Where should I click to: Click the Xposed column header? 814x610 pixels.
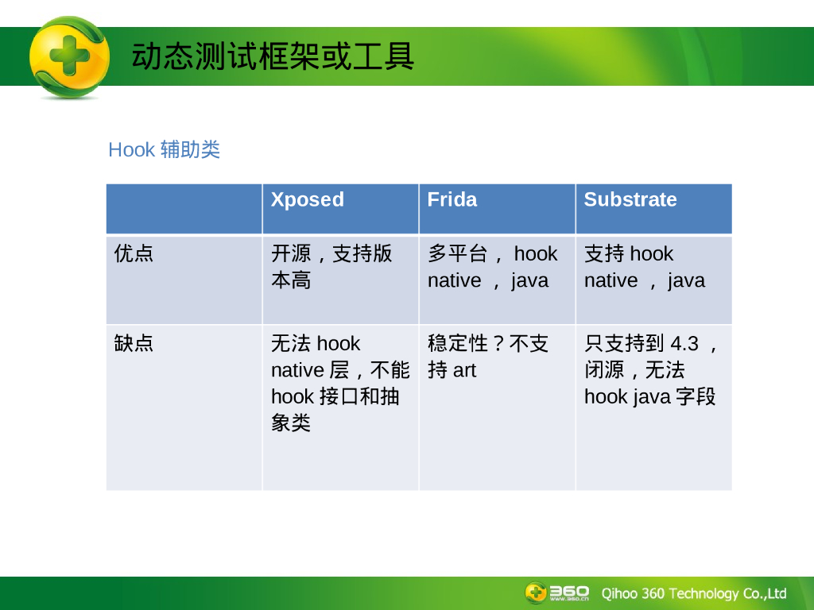[308, 199]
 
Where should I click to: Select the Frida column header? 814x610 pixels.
[452, 199]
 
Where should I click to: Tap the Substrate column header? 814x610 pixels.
[630, 199]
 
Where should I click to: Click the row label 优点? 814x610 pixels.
[134, 253]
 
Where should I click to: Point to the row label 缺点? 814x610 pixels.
[134, 343]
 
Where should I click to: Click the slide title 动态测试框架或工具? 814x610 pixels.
[273, 56]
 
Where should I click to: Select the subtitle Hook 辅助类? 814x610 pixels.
[164, 150]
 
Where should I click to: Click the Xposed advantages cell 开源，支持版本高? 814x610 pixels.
[331, 267]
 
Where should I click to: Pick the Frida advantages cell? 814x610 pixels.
[493, 267]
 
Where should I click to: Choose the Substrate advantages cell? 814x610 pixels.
[645, 267]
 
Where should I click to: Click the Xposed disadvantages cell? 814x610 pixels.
[340, 384]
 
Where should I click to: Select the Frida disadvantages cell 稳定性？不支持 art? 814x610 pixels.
[488, 357]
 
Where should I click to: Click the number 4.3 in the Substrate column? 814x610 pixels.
[684, 343]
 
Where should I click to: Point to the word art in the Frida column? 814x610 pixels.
[464, 370]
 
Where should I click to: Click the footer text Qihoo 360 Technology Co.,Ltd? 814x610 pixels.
[694, 593]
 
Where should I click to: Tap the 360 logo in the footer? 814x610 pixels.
[557, 593]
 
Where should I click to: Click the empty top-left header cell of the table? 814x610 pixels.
[184, 209]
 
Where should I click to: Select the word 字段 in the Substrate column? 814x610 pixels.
[696, 397]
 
